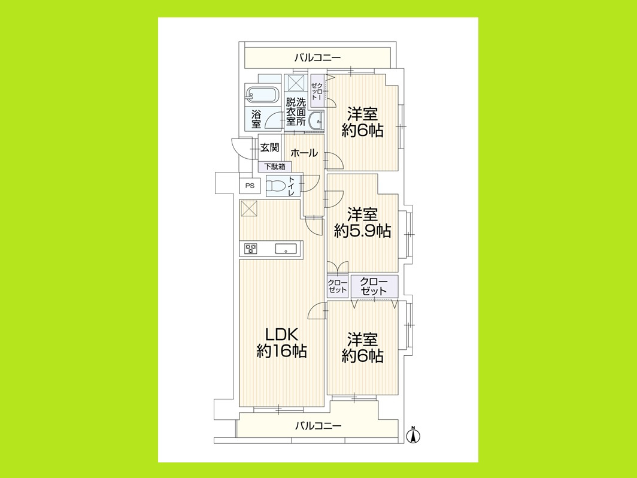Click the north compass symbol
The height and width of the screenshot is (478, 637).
tap(412, 435)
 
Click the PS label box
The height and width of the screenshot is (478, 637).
tap(250, 186)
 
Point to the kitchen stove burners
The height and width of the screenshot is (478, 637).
tap(250, 248)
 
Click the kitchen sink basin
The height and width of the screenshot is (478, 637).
tap(284, 249)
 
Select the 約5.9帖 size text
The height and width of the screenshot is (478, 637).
tap(363, 231)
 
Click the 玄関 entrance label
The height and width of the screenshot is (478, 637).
tap(269, 147)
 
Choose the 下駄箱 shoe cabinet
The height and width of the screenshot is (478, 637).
tap(275, 167)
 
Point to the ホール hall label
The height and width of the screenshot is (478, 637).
tap(304, 153)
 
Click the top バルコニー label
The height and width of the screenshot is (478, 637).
tap(317, 58)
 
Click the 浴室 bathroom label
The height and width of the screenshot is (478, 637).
tap(256, 119)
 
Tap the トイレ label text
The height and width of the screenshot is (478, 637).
tap(292, 186)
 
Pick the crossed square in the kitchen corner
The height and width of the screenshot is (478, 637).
tap(248, 209)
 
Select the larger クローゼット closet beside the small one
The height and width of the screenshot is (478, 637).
tap(374, 286)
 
